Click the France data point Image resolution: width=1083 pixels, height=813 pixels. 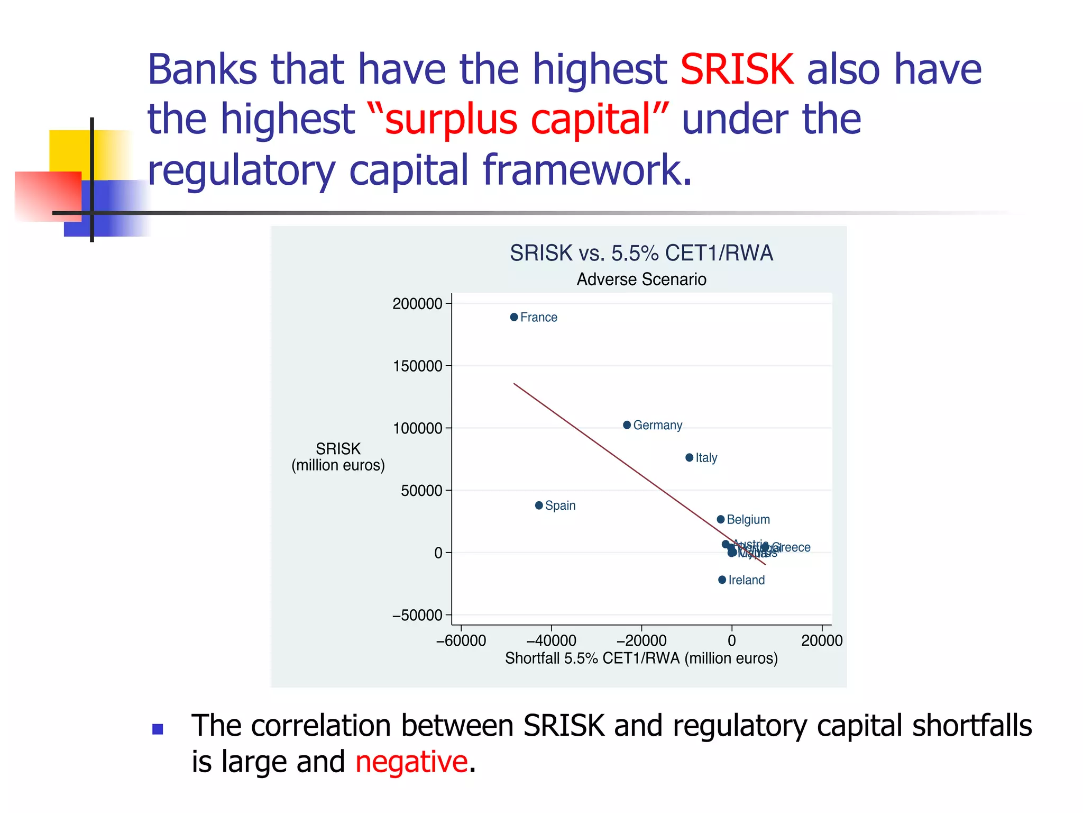pos(514,317)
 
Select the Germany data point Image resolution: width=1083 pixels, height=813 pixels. pos(627,425)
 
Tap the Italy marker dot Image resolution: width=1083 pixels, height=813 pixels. pos(689,457)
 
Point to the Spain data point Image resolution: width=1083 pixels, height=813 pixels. pos(539,505)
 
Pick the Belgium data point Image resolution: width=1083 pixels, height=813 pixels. pos(720,519)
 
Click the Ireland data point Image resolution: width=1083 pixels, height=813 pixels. pos(722,580)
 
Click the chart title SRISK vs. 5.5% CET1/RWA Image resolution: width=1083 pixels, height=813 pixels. pos(641,253)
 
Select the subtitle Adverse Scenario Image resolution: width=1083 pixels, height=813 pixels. pos(641,279)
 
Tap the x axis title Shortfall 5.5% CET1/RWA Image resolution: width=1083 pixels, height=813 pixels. pos(641,658)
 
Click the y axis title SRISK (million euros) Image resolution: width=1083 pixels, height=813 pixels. pos(338,457)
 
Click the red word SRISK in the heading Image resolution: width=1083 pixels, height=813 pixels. pos(737,69)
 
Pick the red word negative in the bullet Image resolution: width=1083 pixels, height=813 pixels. pos(411,762)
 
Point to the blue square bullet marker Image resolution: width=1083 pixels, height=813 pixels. pos(158,729)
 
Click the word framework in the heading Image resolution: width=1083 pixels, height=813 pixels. pos(587,170)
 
